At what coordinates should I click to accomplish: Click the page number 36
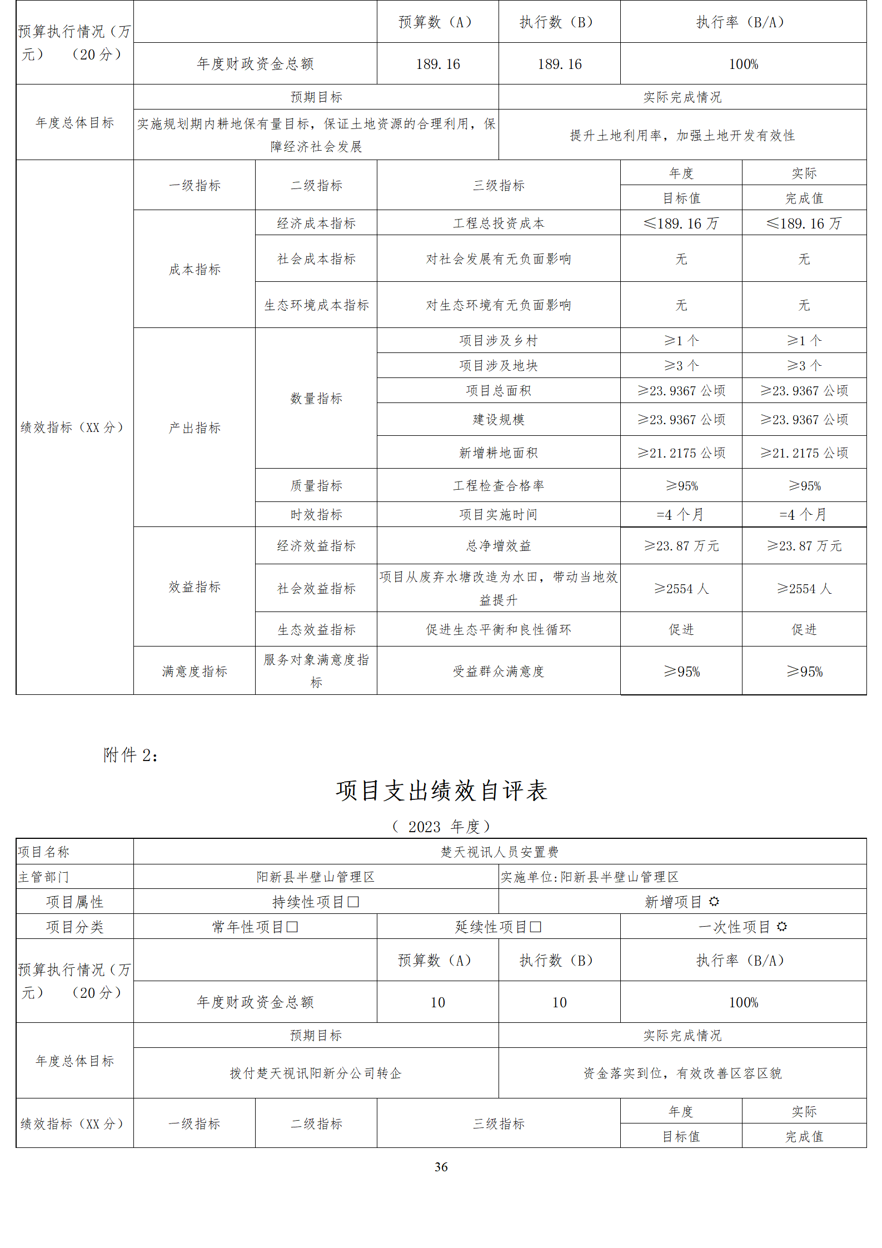coord(441,1167)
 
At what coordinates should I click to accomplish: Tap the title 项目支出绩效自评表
coord(442,790)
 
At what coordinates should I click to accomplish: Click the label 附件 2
coord(131,755)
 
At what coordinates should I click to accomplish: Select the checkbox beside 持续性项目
coord(353,902)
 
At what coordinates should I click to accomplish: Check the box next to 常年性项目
coord(292,927)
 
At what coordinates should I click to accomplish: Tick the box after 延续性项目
coord(535,927)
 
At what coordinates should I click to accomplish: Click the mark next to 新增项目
coord(714,901)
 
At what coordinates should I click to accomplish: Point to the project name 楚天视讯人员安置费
coord(499,852)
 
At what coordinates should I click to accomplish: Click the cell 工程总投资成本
coord(499,223)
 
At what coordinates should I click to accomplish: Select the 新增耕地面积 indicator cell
coord(499,453)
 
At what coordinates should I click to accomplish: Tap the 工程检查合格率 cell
coord(499,485)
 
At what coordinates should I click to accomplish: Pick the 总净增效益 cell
coord(499,546)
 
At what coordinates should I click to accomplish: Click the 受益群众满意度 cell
coord(499,671)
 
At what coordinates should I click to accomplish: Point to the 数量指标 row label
coord(316,398)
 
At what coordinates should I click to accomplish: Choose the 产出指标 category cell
coord(195,427)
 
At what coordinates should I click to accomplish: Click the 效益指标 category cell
coord(195,586)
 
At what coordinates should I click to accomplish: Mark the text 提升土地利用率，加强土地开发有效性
coord(682,135)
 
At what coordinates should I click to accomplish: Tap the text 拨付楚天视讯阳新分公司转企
coord(316,1073)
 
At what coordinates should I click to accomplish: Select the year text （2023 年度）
coord(441,827)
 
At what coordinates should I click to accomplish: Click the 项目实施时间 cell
coord(499,514)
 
